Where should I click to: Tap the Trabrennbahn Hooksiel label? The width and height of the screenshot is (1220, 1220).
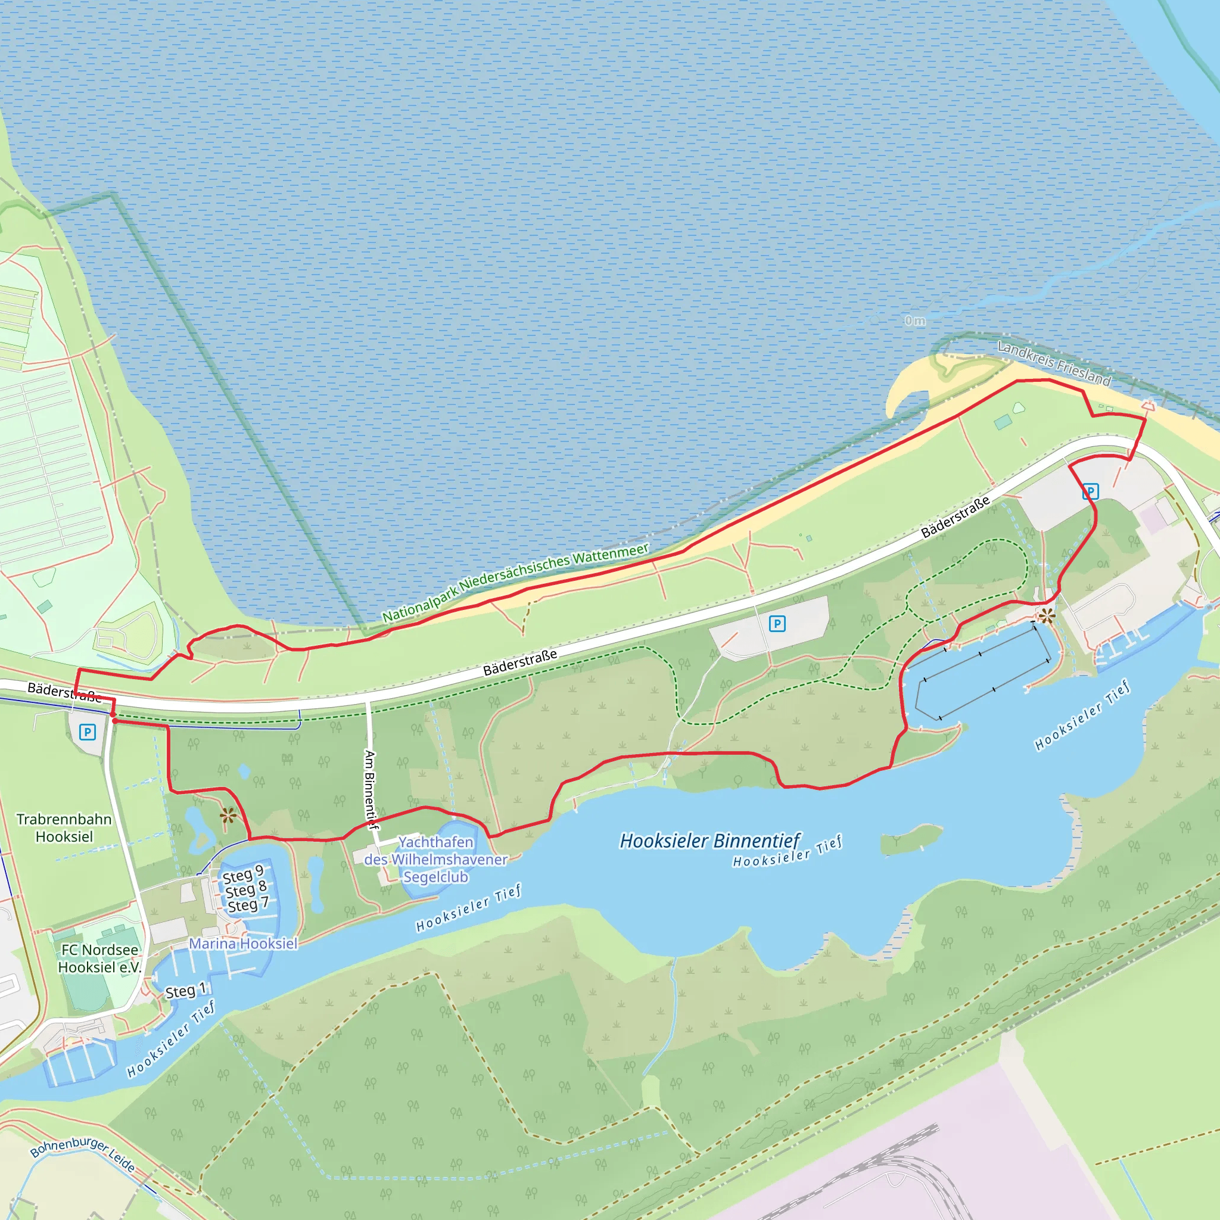pyautogui.click(x=64, y=828)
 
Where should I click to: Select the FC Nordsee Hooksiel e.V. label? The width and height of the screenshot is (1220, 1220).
pyautogui.click(x=99, y=958)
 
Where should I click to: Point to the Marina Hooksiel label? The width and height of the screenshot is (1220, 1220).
pyautogui.click(x=243, y=944)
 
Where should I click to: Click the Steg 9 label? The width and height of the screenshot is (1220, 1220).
pyautogui.click(x=242, y=874)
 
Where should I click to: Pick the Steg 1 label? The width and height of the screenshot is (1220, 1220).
pyautogui.click(x=186, y=991)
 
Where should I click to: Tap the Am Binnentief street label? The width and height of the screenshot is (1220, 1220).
pyautogui.click(x=371, y=790)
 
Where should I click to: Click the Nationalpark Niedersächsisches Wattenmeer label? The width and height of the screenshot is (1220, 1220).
pyautogui.click(x=515, y=582)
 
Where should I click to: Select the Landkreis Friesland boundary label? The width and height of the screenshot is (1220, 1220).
pyautogui.click(x=1054, y=363)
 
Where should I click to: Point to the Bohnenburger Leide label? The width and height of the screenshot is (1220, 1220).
pyautogui.click(x=82, y=1155)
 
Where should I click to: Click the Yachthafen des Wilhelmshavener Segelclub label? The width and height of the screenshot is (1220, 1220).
pyautogui.click(x=435, y=860)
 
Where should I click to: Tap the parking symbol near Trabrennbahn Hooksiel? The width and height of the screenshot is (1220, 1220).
pyautogui.click(x=87, y=733)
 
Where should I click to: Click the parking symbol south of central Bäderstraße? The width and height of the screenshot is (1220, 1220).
pyautogui.click(x=777, y=624)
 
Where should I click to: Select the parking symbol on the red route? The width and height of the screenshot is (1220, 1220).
pyautogui.click(x=1091, y=491)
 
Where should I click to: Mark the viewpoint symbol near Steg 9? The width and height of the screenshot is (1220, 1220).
pyautogui.click(x=228, y=816)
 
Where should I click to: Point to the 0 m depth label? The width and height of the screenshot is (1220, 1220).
pyautogui.click(x=914, y=321)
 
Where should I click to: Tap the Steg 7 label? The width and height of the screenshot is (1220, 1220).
pyautogui.click(x=248, y=905)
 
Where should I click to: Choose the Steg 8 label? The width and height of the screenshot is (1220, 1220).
pyautogui.click(x=245, y=890)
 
